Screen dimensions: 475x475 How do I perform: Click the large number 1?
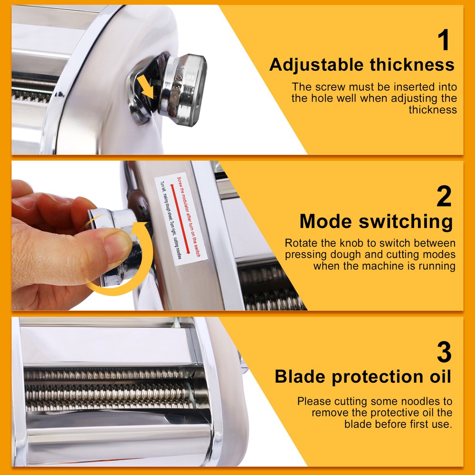[x=444, y=40]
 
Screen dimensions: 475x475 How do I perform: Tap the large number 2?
[x=444, y=196]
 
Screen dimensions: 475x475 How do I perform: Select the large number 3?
[x=444, y=352]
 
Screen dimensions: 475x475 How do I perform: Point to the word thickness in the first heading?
[x=418, y=65]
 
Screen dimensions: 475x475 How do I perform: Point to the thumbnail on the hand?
[x=117, y=247]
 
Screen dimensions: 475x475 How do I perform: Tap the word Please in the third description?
[x=314, y=401]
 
